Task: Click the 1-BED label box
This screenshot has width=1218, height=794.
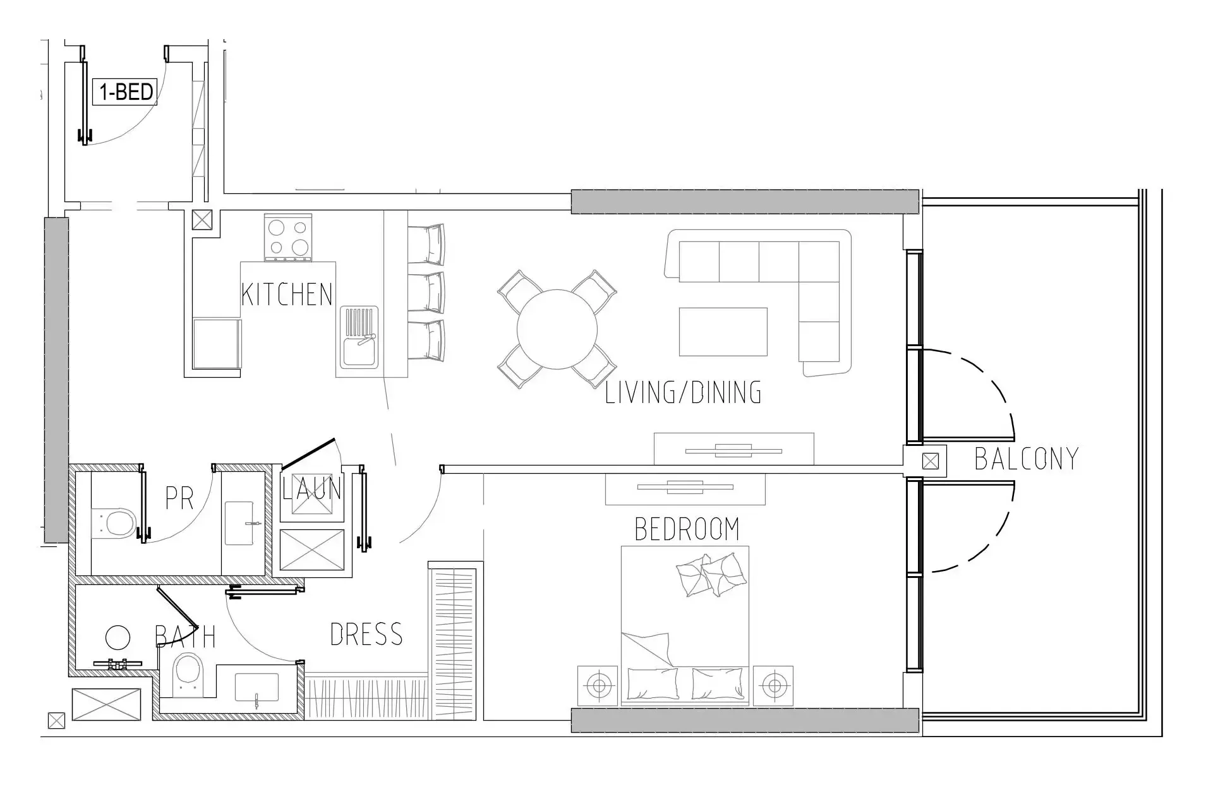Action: pos(125,92)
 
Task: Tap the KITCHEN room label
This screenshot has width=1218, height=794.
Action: pos(287,295)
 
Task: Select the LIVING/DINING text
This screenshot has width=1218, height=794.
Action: pos(684,393)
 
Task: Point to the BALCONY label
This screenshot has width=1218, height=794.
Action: pos(1027,459)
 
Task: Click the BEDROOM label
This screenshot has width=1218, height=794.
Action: pos(687,529)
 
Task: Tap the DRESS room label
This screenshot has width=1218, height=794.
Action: pos(366,634)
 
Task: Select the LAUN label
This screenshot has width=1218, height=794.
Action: pos(312,489)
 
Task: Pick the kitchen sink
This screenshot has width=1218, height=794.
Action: pos(359,337)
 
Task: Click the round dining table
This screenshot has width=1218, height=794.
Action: pos(557,329)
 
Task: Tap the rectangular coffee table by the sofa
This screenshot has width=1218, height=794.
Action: pos(723,332)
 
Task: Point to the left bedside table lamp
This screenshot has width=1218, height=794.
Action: pos(598,685)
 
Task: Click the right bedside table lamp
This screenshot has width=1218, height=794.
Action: pos(773,685)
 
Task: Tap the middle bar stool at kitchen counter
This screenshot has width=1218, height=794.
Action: pos(426,292)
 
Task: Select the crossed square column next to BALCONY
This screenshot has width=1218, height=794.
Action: pos(931,461)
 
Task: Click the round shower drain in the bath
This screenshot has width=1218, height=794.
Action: pos(118,638)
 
